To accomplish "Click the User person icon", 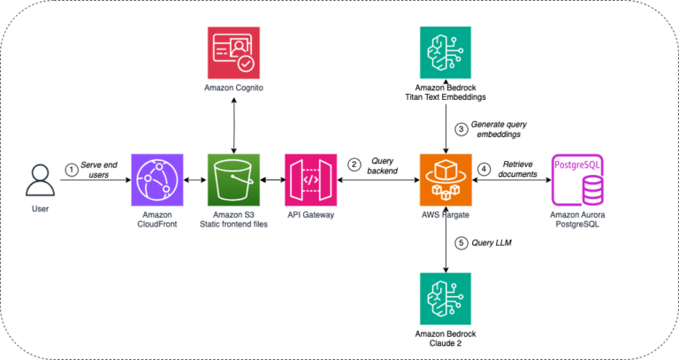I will pos(37,179).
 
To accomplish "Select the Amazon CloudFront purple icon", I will pos(156,179).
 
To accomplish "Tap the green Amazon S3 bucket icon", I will pos(233,179).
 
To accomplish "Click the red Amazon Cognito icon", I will pos(233,52).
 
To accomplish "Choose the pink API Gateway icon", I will pos(310,179).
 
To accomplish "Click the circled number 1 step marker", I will pos(72,170).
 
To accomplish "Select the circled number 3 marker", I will pos(459,129).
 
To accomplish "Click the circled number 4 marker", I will pos(484,169).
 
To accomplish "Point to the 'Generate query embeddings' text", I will pos(504,129).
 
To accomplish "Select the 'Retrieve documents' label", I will pos(521,169).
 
